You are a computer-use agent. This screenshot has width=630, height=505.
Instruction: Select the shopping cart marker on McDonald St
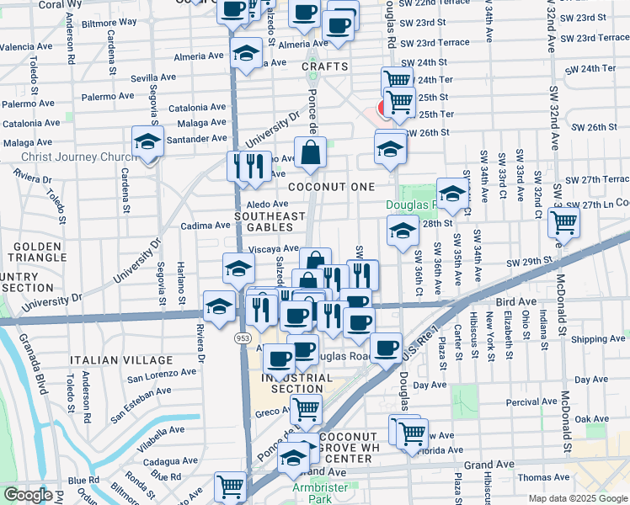[563, 223]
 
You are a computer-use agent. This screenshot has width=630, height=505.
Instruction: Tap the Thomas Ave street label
[544, 477]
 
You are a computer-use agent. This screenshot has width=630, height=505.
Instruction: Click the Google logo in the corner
[28, 495]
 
